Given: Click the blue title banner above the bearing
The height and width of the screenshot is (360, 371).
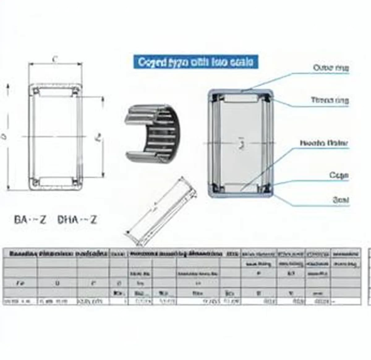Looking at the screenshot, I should pyautogui.click(x=195, y=62).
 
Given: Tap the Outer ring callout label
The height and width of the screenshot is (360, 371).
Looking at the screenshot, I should pyautogui.click(x=331, y=68).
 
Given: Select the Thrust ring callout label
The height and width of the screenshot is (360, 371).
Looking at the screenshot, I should pyautogui.click(x=330, y=100).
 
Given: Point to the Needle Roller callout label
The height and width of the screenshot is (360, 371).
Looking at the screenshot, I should pyautogui.click(x=324, y=143).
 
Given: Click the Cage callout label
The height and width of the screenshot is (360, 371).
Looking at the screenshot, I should pyautogui.click(x=339, y=176).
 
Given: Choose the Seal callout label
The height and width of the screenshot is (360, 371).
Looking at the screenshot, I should pyautogui.click(x=341, y=200).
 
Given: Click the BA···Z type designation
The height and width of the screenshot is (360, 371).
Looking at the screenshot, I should pyautogui.click(x=30, y=220).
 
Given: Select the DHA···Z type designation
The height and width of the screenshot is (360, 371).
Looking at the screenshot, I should pyautogui.click(x=77, y=220).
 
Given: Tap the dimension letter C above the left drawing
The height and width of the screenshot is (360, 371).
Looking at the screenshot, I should pyautogui.click(x=55, y=59).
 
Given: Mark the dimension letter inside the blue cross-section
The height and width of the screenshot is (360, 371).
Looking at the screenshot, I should pyautogui.click(x=241, y=143).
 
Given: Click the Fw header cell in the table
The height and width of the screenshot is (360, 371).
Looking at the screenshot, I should pyautogui.click(x=20, y=283).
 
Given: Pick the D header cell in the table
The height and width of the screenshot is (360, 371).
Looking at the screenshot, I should pyautogui.click(x=57, y=283).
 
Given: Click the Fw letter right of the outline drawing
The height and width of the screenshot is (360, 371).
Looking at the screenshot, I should pyautogui.click(x=99, y=137).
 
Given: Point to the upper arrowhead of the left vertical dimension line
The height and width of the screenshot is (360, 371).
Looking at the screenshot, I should pyautogui.click(x=8, y=87).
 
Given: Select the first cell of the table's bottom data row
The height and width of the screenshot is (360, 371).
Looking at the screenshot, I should pyautogui.click(x=20, y=301).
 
